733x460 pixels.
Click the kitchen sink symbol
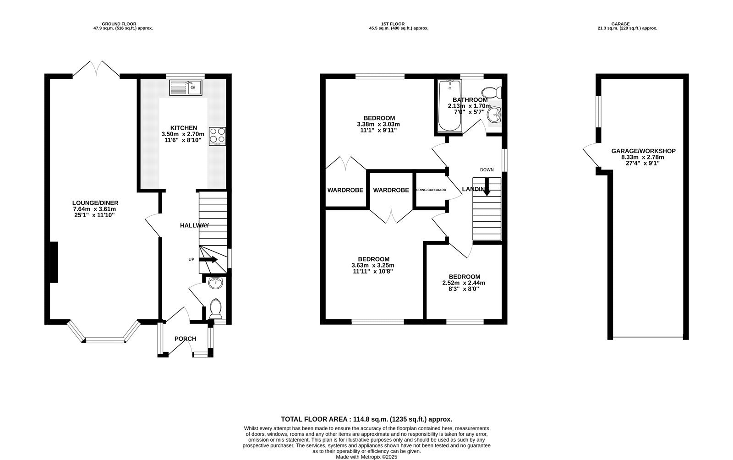[x=186, y=88]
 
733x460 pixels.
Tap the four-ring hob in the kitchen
[x=218, y=136]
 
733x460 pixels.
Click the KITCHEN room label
[x=184, y=128]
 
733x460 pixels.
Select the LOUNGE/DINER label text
[x=95, y=203]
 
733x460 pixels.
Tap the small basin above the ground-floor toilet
[x=215, y=283]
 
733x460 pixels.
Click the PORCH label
[x=185, y=339]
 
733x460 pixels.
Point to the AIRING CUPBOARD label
[x=430, y=190]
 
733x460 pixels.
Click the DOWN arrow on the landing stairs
[x=486, y=189]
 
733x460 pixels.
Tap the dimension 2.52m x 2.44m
[x=464, y=283]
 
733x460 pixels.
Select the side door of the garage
[x=591, y=155]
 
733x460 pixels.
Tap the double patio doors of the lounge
[x=96, y=69]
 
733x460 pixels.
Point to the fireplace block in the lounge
[x=54, y=262]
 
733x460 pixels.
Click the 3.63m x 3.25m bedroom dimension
[x=372, y=265]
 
